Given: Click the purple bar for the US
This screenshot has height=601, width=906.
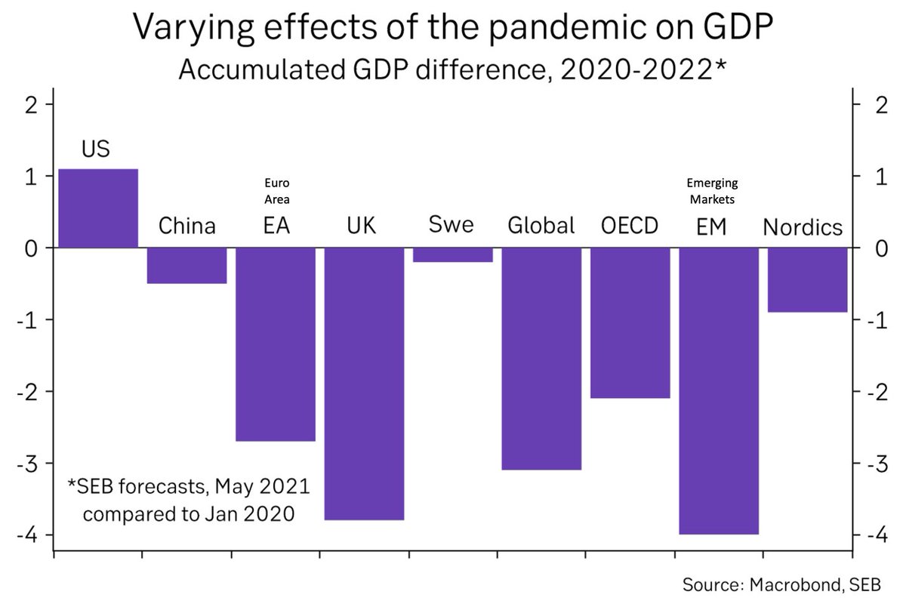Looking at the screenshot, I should [x=98, y=208].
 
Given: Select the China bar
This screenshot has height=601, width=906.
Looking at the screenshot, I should [x=186, y=265].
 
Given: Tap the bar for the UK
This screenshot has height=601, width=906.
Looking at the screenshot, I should [x=364, y=384].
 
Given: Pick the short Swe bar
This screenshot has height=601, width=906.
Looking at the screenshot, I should [x=453, y=255].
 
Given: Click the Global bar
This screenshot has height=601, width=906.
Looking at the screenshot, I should [x=541, y=359].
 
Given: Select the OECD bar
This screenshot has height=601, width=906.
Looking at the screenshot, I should [x=630, y=322].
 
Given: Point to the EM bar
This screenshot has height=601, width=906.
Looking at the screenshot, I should [x=719, y=391].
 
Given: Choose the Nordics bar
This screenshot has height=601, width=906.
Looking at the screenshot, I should [x=807, y=279].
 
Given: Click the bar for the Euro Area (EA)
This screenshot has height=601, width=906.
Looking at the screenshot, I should [x=276, y=344].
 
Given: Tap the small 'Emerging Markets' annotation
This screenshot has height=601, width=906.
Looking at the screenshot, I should [x=712, y=192].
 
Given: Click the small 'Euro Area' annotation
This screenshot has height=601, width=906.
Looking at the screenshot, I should [x=276, y=192].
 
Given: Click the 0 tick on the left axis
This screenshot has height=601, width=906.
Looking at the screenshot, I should [x=32, y=248].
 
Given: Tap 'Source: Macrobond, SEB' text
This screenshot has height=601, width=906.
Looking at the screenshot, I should [x=785, y=584].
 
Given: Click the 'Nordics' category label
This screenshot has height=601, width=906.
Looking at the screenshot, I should [x=803, y=227].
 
